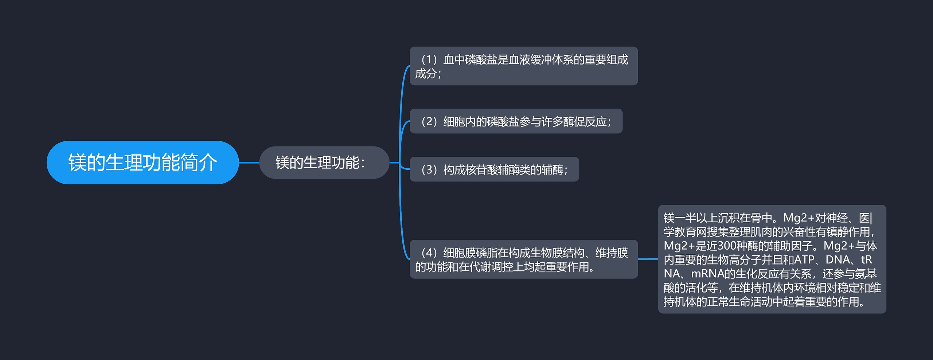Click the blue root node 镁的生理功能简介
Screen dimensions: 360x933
click(143, 163)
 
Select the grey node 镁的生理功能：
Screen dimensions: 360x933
click(324, 163)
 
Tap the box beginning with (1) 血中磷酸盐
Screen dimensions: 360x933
click(523, 66)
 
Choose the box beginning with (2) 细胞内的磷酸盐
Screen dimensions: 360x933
click(516, 121)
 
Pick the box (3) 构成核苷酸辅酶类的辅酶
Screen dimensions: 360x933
click(494, 169)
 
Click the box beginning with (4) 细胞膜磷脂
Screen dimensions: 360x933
click(523, 259)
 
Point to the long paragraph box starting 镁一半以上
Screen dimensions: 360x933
click(772, 259)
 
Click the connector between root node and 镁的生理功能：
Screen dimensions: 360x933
click(249, 163)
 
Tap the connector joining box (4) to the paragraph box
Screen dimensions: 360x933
click(648, 259)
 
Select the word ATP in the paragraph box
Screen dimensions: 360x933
click(804, 260)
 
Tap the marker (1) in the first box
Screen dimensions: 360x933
click(429, 59)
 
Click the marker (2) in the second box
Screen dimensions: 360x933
click(429, 121)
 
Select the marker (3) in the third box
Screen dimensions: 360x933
click(429, 169)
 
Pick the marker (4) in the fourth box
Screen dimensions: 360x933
click(429, 253)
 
